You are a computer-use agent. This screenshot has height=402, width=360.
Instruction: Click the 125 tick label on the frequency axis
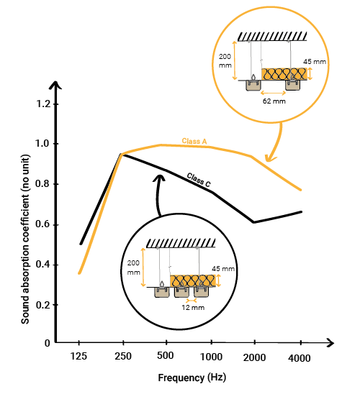[78, 356]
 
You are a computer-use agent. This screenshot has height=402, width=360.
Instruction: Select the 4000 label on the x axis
[300, 358]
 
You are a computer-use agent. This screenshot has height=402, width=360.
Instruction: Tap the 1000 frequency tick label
[211, 357]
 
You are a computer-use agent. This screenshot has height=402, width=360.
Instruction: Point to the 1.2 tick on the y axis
[43, 104]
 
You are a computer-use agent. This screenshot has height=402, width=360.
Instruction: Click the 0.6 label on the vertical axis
[43, 224]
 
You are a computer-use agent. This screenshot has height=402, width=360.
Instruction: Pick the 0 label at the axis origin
[48, 343]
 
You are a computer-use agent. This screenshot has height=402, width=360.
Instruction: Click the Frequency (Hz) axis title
[192, 378]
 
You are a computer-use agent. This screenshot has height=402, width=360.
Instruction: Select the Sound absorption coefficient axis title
[25, 239]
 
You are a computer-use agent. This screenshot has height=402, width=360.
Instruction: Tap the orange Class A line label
[194, 141]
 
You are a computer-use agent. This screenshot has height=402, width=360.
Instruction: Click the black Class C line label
[199, 180]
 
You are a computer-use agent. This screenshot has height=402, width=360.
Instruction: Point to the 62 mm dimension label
[274, 101]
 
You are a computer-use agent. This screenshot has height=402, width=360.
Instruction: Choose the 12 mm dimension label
[193, 307]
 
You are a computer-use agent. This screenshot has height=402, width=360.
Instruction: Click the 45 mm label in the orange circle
[315, 62]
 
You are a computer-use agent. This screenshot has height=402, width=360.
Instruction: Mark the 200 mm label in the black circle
[134, 268]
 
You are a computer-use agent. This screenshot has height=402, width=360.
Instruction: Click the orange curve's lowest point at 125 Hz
[79, 273]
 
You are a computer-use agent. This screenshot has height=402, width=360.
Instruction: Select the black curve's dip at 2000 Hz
[253, 222]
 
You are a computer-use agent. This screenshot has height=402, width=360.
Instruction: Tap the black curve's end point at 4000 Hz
[301, 211]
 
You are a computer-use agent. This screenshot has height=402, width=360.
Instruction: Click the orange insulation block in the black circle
[193, 280]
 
